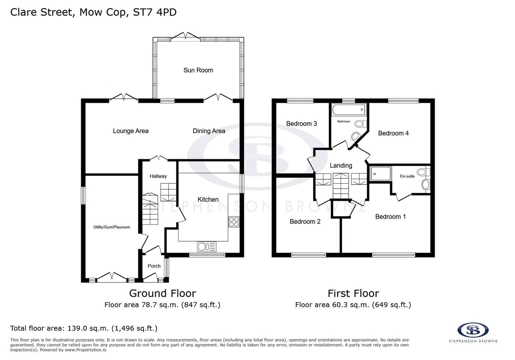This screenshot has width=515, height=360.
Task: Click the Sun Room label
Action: click(198, 70)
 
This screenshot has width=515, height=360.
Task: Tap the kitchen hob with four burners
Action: click(233, 222)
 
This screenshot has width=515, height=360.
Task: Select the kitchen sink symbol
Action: click(206, 247)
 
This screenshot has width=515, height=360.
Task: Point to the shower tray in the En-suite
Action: click(380, 174)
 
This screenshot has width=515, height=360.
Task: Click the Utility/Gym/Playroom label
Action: click(111, 227)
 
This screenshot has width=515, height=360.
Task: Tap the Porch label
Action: click(154, 266)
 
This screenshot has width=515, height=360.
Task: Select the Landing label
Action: click(341, 165)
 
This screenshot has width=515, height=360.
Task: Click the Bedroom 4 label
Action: click(393, 133)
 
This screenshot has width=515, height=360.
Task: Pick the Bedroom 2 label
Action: click(305, 221)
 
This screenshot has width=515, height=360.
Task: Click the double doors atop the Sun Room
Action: click(185, 36)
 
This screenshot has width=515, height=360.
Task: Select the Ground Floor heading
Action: click(162, 293)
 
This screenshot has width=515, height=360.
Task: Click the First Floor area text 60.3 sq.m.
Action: click(353, 305)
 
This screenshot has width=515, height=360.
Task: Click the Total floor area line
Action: click(84, 328)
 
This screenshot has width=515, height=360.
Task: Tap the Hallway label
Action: click(158, 176)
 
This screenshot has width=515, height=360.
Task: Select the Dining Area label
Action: click(209, 131)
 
